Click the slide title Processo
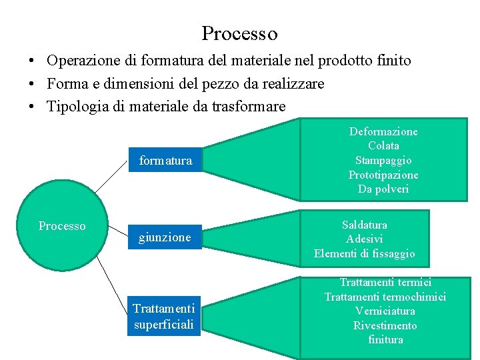[x=239, y=33]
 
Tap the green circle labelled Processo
[x=62, y=227]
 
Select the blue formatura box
[x=165, y=160]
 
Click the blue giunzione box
[x=165, y=237]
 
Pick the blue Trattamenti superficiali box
[x=164, y=316]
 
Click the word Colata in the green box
[x=383, y=145]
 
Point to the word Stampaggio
[x=383, y=160]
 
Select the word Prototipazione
[x=383, y=175]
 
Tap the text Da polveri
[x=383, y=189]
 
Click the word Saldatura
[x=364, y=225]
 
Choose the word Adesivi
[x=364, y=239]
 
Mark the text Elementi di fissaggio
[x=364, y=253]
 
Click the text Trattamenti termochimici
[x=385, y=297]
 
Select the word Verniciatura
[x=385, y=311]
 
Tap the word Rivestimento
[x=385, y=325]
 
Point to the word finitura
[x=385, y=340]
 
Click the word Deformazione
[x=383, y=131]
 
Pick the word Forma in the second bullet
[x=65, y=83]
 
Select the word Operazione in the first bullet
[x=83, y=61]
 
